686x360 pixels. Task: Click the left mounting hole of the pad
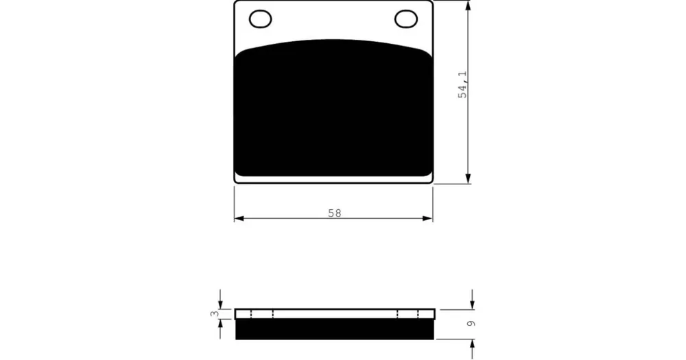point(260,19)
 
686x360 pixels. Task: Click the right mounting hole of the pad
point(406,19)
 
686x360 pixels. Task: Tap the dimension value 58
point(335,213)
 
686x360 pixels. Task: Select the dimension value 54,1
point(462,84)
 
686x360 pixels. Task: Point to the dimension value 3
point(214,313)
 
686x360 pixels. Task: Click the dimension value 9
point(471,323)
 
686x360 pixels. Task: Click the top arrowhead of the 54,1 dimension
point(468,5)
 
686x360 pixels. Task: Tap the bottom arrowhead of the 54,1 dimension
point(468,178)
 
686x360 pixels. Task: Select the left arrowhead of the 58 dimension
point(239,218)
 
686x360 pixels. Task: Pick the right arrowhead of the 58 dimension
point(427,218)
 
